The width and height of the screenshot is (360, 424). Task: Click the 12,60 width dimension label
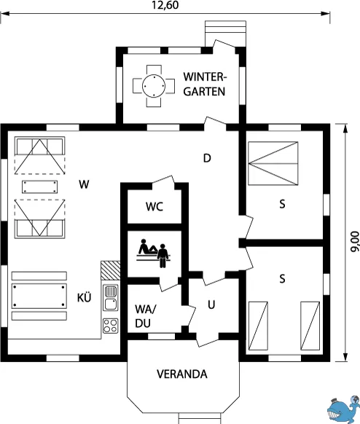165,5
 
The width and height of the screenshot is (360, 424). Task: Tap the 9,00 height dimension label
354,242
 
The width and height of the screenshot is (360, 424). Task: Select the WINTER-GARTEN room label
204,84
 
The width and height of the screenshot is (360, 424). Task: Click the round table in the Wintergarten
154,86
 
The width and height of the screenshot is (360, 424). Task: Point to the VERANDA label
182,374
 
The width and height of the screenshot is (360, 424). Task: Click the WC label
154,207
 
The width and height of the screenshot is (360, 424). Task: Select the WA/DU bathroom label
146,316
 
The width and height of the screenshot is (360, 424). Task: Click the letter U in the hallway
211,305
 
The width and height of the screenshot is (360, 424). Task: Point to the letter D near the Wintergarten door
207,158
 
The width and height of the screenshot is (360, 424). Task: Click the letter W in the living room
84,184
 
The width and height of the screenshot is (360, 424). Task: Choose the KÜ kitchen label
84,297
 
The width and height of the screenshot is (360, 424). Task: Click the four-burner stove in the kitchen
110,326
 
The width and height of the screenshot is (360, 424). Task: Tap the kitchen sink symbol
111,298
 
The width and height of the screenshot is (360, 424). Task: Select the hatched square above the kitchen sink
110,271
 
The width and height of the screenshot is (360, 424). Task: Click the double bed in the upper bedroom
273,163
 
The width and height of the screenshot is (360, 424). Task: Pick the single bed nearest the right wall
310,326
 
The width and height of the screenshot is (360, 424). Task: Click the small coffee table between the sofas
40,187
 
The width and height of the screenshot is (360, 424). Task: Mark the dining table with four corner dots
39,296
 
